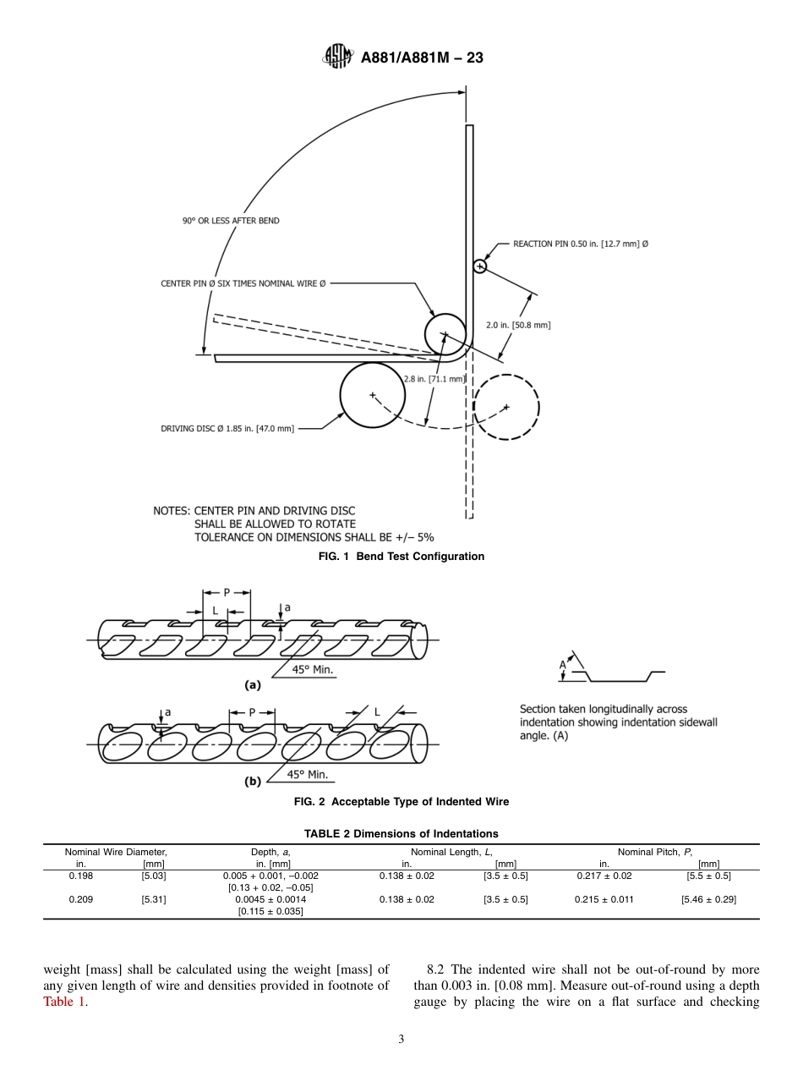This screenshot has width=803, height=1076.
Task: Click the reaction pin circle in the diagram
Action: (480, 266)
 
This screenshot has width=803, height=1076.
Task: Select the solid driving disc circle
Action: (372, 395)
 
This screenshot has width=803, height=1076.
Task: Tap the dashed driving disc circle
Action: (505, 407)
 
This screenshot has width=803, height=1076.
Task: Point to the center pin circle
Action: (445, 333)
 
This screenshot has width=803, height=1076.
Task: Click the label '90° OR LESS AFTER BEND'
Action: (231, 221)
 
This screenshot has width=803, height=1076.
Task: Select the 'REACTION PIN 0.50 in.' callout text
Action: (581, 244)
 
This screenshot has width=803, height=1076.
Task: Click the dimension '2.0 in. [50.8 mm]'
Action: (518, 325)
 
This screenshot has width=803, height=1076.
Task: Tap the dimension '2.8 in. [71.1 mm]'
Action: (434, 379)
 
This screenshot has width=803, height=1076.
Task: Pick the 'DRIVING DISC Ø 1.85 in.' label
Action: (227, 429)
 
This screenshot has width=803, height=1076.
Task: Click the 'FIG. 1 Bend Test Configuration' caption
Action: (401, 556)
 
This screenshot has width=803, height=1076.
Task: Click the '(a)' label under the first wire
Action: (252, 685)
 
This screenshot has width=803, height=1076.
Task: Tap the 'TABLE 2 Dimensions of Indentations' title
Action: (401, 833)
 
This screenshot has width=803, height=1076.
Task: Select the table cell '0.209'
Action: (81, 899)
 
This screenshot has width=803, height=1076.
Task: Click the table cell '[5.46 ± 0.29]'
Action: (708, 899)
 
